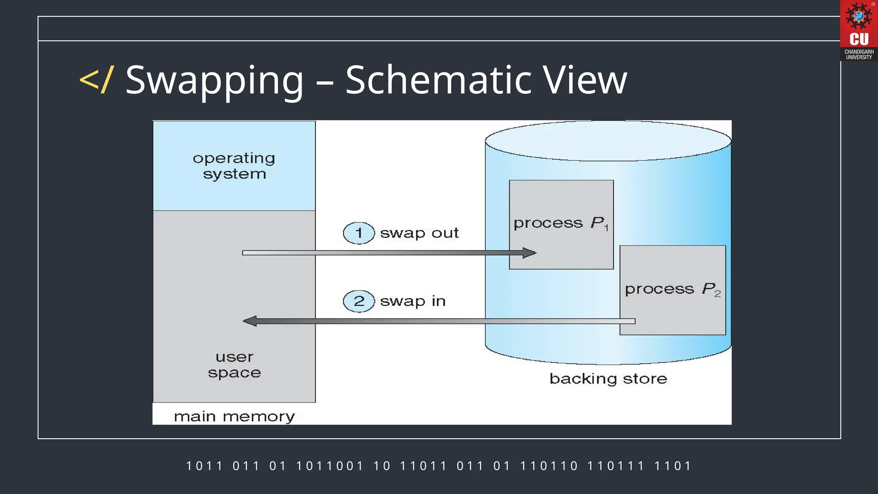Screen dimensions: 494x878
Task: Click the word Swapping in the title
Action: click(214, 80)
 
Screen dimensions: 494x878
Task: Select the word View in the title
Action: click(586, 80)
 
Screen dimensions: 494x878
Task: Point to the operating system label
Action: click(234, 166)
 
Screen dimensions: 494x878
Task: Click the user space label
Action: click(234, 365)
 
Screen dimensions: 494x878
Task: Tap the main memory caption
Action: click(234, 416)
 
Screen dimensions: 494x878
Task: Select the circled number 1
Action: click(359, 233)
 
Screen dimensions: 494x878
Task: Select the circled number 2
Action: click(359, 301)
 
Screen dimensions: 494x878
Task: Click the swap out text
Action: click(419, 233)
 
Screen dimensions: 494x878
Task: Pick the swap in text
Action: click(413, 301)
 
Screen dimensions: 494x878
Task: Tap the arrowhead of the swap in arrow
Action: click(250, 321)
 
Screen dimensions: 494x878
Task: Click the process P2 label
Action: click(672, 289)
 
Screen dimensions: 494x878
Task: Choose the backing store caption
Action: click(608, 379)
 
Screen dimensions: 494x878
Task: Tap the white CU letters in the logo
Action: click(859, 39)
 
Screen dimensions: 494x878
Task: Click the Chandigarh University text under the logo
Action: click(859, 54)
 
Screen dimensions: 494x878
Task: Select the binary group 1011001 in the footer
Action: click(329, 466)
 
